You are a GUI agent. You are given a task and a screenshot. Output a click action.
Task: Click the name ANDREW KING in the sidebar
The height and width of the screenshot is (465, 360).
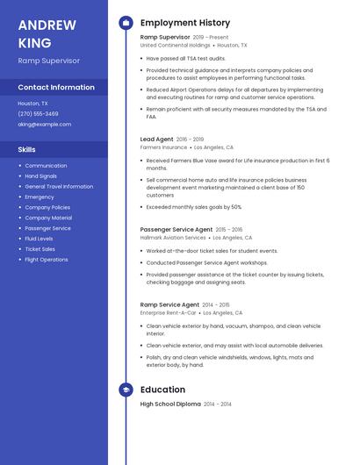click(47, 33)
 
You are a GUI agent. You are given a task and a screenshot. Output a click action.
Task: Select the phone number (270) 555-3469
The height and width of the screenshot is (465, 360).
click(38, 113)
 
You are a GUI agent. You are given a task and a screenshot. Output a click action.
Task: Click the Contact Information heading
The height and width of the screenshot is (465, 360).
click(56, 88)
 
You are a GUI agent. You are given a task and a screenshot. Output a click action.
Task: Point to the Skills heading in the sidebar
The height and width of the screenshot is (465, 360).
click(27, 150)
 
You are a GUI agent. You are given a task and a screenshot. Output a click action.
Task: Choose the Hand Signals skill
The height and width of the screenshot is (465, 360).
click(41, 175)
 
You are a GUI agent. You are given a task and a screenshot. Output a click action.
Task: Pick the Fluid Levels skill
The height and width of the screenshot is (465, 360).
click(39, 239)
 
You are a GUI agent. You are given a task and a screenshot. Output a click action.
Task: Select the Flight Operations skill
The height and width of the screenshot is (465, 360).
click(46, 260)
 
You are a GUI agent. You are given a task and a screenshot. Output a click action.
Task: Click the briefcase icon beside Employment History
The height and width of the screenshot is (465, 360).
click(126, 23)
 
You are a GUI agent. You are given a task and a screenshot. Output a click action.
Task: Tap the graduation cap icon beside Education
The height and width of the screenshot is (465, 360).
click(126, 390)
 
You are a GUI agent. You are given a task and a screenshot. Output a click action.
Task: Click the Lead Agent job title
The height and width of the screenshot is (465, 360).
click(156, 139)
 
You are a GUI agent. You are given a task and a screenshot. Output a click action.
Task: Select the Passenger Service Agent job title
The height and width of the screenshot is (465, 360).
click(176, 229)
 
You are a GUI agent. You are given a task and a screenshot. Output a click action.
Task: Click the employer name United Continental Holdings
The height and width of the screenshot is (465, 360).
click(176, 45)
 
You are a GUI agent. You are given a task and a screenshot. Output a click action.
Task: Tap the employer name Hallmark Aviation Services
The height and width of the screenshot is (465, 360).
click(173, 238)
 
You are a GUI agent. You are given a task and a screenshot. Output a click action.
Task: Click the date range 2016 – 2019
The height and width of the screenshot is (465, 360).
click(190, 139)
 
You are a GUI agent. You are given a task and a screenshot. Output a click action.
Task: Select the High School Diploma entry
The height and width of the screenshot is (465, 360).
click(170, 404)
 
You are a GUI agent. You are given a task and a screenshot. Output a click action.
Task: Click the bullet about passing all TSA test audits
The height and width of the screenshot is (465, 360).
click(186, 58)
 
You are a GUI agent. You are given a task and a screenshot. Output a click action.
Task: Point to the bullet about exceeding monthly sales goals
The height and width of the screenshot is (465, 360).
click(193, 207)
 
